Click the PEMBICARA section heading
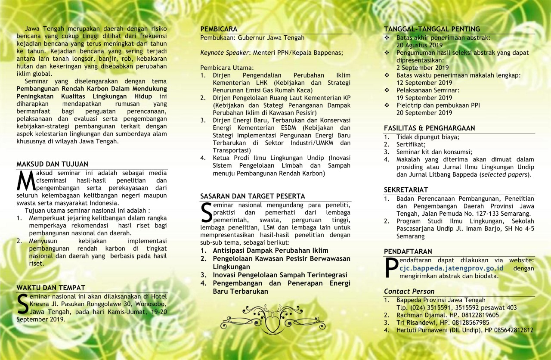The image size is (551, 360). pos(219,29)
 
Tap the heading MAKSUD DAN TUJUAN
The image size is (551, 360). pos(52,164)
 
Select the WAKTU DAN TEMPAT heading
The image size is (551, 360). pos(51,288)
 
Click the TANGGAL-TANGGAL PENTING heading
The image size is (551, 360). pos(426,29)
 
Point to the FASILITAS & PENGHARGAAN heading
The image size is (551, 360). pos(429,128)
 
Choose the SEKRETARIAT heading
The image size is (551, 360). pos(406,190)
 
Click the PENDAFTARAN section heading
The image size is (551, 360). pos(408,251)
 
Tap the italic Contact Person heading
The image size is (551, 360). pos(409,292)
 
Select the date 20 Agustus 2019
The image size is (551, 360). pos(419,45)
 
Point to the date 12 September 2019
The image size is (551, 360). pos(424,83)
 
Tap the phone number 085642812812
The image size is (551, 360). pos(514,330)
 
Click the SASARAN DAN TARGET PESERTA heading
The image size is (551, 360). pos(253,196)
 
